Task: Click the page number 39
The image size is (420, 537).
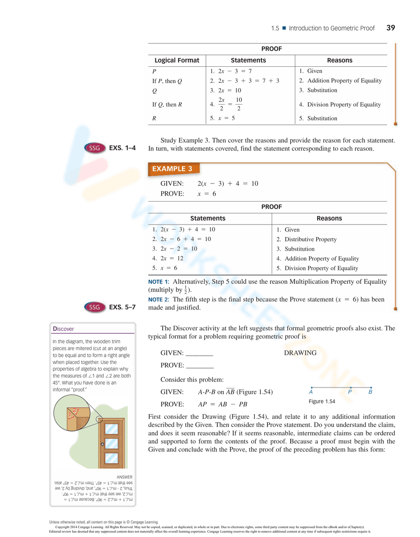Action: pos(391,28)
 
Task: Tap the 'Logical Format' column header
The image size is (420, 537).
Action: pos(177,60)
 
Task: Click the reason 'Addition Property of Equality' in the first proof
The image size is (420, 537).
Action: pos(344,81)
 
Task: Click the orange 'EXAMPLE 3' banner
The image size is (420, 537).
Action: pos(173,169)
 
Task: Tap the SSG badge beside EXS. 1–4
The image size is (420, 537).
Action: pos(94,148)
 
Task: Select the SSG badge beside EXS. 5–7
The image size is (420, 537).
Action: pos(94,307)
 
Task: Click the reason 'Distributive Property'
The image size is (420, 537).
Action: pos(310,239)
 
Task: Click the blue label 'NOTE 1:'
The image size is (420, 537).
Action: pos(158,282)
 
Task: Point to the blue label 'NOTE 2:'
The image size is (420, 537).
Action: pos(158,300)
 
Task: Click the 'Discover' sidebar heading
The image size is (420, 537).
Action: pos(63,329)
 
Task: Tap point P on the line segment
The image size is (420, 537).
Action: pos(350,388)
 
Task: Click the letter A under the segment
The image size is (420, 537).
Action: pos(311,392)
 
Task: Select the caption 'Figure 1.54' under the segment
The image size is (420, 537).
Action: pos(322,401)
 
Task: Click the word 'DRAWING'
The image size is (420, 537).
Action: pos(300,353)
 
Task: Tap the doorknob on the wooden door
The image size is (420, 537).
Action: pos(102,444)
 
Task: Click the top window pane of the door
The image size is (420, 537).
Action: pos(111,429)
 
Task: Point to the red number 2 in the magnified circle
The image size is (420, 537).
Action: pos(74,410)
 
